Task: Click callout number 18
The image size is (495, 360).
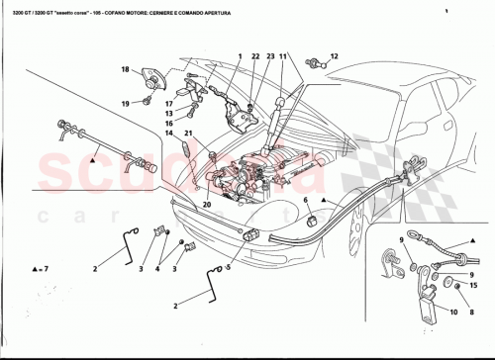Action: [126, 69]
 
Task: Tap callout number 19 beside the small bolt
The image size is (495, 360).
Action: [126, 103]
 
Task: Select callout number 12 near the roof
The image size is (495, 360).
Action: [334, 56]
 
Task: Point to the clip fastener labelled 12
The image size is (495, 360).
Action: [313, 64]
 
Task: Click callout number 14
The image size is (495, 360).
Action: [168, 133]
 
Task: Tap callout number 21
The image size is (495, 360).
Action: [187, 133]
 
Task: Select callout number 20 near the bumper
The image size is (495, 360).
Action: [208, 206]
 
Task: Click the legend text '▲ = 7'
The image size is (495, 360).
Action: [38, 268]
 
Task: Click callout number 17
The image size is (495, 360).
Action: [169, 103]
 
